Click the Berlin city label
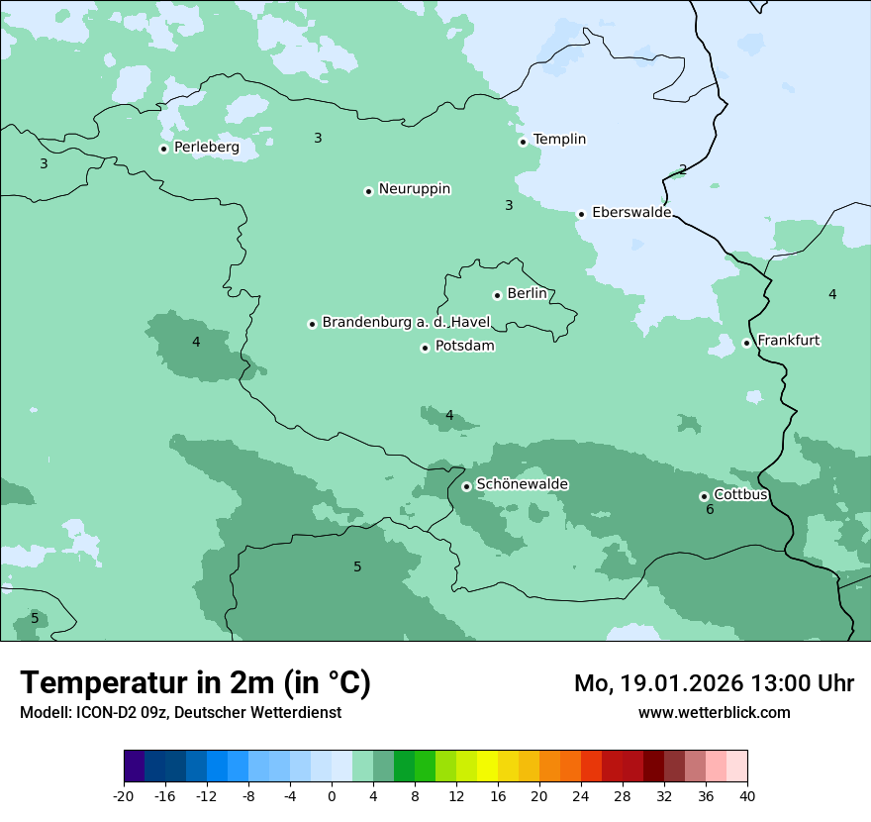[x=527, y=294]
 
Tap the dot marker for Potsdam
[x=425, y=348]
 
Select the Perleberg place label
[x=206, y=148]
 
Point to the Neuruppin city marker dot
[x=368, y=191]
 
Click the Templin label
[x=559, y=140]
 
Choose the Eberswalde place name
[x=630, y=213]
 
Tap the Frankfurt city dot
[x=746, y=343]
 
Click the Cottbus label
[x=740, y=494]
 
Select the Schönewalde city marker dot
[x=466, y=486]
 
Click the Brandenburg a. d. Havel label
[x=406, y=323]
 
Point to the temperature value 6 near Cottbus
[x=710, y=510]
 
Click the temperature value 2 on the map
[x=683, y=169]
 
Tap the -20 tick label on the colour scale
[x=124, y=795]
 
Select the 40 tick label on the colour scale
[x=747, y=795]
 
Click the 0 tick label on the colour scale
[x=332, y=795]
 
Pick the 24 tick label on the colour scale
[x=581, y=795]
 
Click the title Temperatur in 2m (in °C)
[x=195, y=683]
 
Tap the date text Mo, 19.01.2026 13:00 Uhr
[x=714, y=683]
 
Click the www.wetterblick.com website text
[x=714, y=712]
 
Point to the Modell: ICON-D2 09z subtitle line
[x=180, y=712]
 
